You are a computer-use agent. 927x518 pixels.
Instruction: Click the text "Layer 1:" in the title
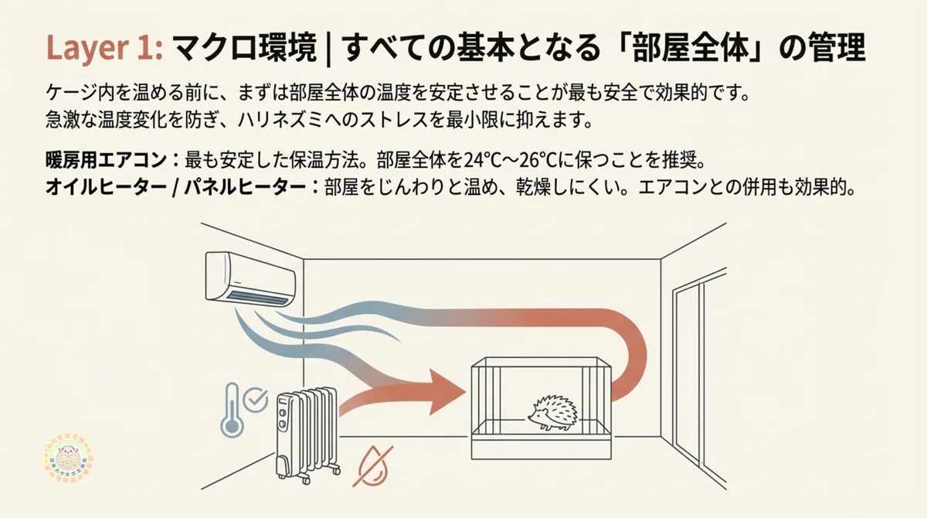[105, 48]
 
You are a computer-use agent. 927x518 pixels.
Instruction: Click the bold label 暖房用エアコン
[107, 160]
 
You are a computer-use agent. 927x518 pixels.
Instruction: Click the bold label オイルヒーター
[107, 188]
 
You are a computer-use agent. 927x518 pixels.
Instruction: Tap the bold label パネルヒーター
[245, 188]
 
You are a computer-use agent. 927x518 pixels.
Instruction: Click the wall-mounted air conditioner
[250, 278]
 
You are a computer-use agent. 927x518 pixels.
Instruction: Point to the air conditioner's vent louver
[259, 298]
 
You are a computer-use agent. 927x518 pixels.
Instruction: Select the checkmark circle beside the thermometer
[256, 400]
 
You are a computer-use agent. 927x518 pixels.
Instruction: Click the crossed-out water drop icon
[373, 466]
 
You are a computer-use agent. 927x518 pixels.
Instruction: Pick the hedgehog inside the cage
[554, 413]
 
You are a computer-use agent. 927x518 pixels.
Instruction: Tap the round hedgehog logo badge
[68, 458]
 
